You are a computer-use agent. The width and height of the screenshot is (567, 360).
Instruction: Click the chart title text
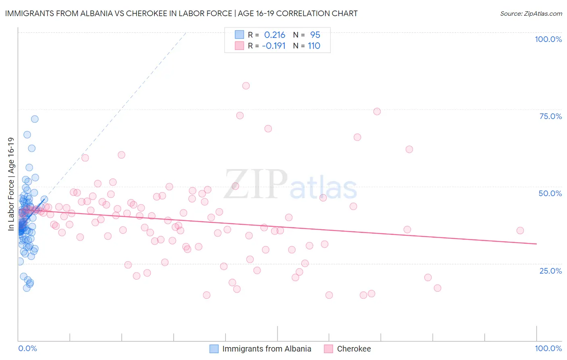(x=181, y=13)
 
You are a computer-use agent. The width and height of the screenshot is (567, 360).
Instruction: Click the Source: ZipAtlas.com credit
(x=531, y=13)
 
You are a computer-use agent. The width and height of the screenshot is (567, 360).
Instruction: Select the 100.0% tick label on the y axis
(x=548, y=39)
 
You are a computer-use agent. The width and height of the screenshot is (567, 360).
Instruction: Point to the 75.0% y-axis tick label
(x=550, y=116)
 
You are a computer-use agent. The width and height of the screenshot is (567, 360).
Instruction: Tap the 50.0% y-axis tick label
(x=550, y=193)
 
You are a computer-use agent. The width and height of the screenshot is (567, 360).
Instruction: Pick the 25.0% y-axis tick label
(x=550, y=270)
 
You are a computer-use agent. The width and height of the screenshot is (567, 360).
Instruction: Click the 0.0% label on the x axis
(x=27, y=348)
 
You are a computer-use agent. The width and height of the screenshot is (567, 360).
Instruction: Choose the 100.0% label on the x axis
(x=548, y=348)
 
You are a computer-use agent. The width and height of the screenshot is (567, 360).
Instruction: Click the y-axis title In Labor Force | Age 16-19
(x=11, y=184)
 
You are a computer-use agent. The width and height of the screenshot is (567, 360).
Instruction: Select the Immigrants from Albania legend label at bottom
(x=267, y=349)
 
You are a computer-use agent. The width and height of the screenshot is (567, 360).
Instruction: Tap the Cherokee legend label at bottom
(x=354, y=349)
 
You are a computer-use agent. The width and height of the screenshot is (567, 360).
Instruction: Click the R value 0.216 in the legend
(x=275, y=35)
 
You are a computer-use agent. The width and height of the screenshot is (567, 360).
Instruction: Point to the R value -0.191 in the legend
(x=274, y=46)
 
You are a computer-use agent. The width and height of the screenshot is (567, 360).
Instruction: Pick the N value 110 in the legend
(x=314, y=46)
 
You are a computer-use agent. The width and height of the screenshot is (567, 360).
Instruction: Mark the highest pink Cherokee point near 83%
(x=246, y=86)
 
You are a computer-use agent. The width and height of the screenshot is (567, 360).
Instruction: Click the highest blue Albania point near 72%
(x=35, y=119)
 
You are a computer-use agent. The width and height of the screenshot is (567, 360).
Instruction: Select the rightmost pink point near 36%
(x=520, y=230)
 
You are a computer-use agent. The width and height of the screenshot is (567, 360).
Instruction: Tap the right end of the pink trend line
(x=536, y=244)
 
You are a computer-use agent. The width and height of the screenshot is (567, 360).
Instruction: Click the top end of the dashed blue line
(x=186, y=32)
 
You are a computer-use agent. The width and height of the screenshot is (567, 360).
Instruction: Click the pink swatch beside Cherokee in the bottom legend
(x=329, y=349)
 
